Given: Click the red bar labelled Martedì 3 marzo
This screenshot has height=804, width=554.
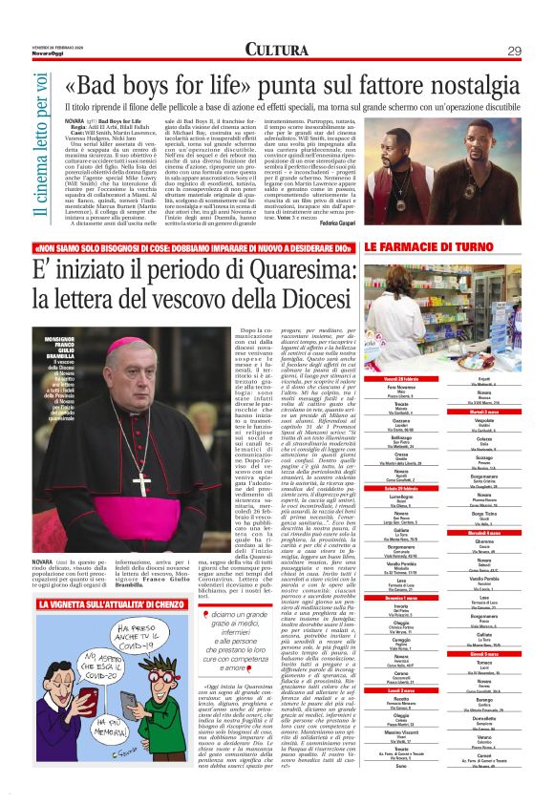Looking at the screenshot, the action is pyautogui.click(x=490, y=411).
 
